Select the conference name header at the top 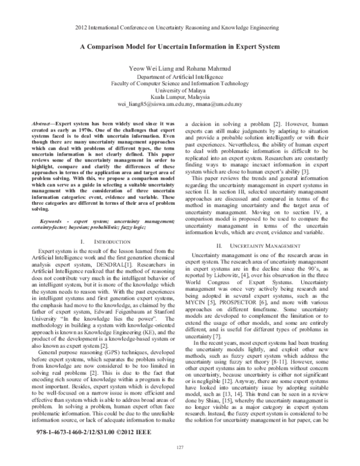click(180, 28)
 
